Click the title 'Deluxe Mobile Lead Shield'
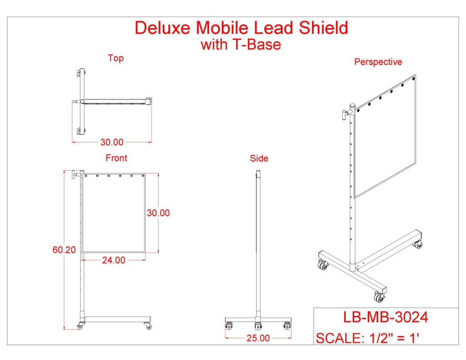coord(241,28)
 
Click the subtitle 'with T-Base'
coord(241,45)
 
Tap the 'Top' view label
coord(116,58)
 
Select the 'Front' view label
coord(116,158)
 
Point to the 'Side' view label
coord(259,158)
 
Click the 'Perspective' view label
coord(378,62)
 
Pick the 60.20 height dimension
coord(64,249)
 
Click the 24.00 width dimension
coord(113,260)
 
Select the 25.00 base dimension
coord(258,338)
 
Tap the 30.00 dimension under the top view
coord(112,142)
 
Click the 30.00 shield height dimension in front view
coord(158,213)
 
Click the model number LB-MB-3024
coord(385,317)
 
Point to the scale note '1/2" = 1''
coord(393,338)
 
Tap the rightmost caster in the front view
coord(148,326)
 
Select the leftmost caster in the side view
coord(229,326)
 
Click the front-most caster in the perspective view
coord(379,298)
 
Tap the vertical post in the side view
coord(258,246)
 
